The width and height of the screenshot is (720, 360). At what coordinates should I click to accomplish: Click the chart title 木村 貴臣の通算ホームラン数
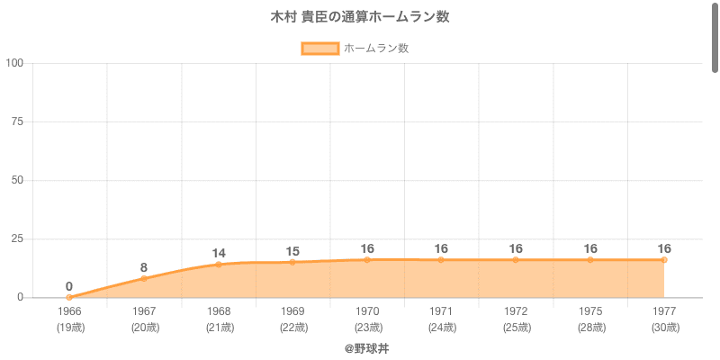click(x=360, y=17)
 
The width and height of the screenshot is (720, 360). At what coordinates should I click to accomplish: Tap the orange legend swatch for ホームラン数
click(x=319, y=49)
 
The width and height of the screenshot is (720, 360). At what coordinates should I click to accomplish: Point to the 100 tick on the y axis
click(x=14, y=63)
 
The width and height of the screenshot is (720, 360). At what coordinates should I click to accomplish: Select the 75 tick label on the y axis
click(x=17, y=121)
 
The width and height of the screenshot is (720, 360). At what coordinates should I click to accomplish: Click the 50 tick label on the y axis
click(x=17, y=180)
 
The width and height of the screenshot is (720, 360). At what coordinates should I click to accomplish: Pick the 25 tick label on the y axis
click(x=17, y=238)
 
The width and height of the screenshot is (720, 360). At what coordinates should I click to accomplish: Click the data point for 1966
click(x=69, y=297)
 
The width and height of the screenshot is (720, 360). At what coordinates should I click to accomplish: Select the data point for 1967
click(x=144, y=278)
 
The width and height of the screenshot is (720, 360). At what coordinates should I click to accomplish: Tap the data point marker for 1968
click(x=219, y=265)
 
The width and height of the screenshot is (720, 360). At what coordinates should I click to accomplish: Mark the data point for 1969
click(x=292, y=262)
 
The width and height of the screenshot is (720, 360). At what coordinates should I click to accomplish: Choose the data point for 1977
click(x=664, y=259)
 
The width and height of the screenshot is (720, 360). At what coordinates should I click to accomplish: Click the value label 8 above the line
click(x=144, y=267)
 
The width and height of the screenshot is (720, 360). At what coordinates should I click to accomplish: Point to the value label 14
click(x=219, y=253)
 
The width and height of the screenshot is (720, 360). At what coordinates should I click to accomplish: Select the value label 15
click(x=292, y=251)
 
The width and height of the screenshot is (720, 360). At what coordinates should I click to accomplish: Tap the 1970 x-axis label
click(x=367, y=311)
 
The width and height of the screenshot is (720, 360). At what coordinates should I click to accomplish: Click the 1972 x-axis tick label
click(x=516, y=311)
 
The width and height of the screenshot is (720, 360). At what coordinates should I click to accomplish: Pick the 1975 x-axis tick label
click(x=590, y=311)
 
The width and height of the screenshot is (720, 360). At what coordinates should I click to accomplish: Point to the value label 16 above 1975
click(x=590, y=248)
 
